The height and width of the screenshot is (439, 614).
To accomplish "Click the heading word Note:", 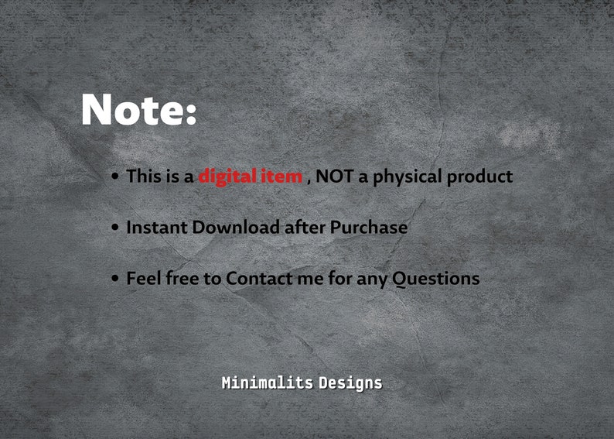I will pyautogui.click(x=138, y=110).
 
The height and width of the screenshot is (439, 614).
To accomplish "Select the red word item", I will pyautogui.click(x=281, y=177).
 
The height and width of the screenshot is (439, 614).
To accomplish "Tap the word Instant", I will pyautogui.click(x=157, y=228).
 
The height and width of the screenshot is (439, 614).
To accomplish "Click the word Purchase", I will pyautogui.click(x=369, y=228).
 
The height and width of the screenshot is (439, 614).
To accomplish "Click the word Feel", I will pyautogui.click(x=144, y=278).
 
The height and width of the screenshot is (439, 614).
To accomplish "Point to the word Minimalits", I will pyautogui.click(x=267, y=382).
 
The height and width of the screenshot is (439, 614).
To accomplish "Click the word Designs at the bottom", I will pyautogui.click(x=350, y=383).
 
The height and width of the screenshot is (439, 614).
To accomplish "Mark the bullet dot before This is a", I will pyautogui.click(x=115, y=177).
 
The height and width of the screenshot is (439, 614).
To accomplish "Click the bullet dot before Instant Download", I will pyautogui.click(x=115, y=228).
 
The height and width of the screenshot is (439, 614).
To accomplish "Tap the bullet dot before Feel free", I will pyautogui.click(x=115, y=279).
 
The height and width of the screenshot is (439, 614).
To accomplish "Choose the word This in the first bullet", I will pyautogui.click(x=144, y=177).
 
